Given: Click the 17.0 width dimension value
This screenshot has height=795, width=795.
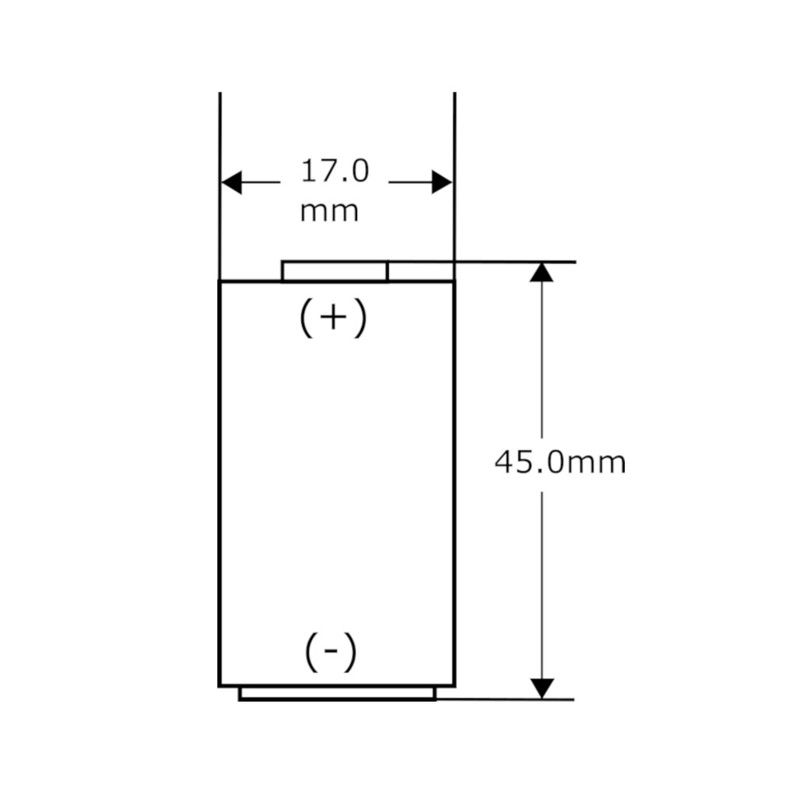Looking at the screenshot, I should click(x=335, y=172).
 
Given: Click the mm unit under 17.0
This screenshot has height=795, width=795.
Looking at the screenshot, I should click(x=329, y=210).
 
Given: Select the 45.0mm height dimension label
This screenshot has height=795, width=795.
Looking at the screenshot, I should click(x=560, y=463).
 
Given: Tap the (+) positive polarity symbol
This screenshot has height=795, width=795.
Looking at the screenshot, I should click(x=332, y=318).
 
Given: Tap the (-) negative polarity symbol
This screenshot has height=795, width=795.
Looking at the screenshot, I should click(x=331, y=653).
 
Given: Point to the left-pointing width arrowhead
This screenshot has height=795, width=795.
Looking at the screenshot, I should click(x=232, y=183).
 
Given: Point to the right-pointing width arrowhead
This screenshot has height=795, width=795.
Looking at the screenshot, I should click(x=441, y=183).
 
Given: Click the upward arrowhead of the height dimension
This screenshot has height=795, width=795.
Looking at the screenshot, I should click(x=542, y=272).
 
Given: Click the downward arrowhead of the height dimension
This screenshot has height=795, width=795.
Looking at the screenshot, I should click(x=542, y=688).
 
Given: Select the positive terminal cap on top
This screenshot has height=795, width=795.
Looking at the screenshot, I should click(x=335, y=271).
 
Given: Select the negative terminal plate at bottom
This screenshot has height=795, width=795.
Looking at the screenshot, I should click(x=337, y=693).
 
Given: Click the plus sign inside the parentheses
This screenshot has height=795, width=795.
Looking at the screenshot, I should click(x=332, y=318).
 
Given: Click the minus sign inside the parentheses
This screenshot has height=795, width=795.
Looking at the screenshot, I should click(x=331, y=654).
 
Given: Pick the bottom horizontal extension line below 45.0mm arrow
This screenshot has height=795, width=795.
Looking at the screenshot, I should click(x=505, y=700).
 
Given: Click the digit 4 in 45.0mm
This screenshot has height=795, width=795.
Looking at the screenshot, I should click(x=504, y=463).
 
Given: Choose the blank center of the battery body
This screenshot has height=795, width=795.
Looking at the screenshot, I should click(x=337, y=481).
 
